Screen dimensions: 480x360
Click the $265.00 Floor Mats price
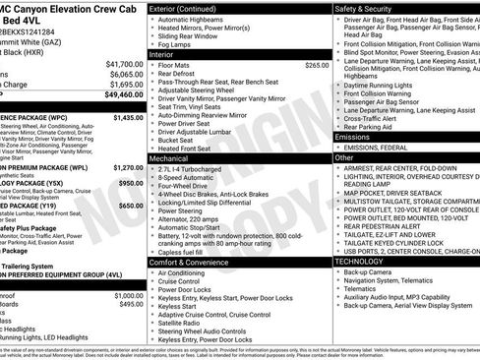pos(317,65)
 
